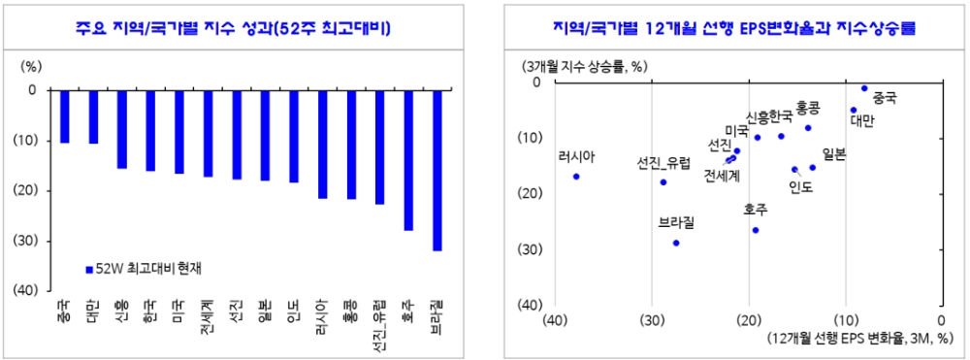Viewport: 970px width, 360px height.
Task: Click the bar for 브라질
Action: point(437,171)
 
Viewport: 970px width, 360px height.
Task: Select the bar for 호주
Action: point(408,160)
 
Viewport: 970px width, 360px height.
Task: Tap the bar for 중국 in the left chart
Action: point(64,116)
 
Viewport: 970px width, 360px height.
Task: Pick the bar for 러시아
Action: point(322,144)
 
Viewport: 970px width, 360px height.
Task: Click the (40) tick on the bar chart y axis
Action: point(25,290)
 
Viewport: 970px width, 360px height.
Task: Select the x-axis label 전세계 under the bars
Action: point(207,316)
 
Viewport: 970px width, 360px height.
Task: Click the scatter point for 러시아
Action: point(576,177)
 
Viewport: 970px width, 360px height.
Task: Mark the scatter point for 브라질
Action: point(676,243)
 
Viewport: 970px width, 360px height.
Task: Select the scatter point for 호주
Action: point(756,230)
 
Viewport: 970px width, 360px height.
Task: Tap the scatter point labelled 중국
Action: point(864,88)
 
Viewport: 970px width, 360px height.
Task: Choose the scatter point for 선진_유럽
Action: point(663,181)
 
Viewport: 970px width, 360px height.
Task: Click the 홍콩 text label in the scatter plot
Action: point(808,107)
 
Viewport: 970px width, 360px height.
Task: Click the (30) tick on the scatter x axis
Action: point(652,321)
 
